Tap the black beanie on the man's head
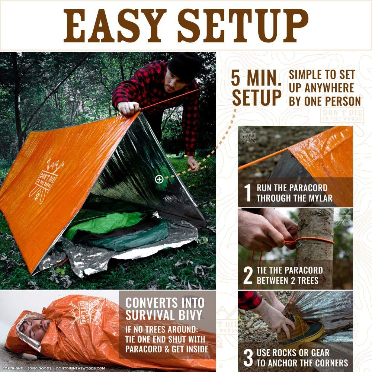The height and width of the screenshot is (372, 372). click(185, 66)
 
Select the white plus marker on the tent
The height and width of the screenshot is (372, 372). click(159, 179)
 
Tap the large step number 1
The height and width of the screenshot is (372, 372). click(248, 192)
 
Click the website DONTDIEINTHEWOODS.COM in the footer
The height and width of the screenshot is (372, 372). click(80, 368)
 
